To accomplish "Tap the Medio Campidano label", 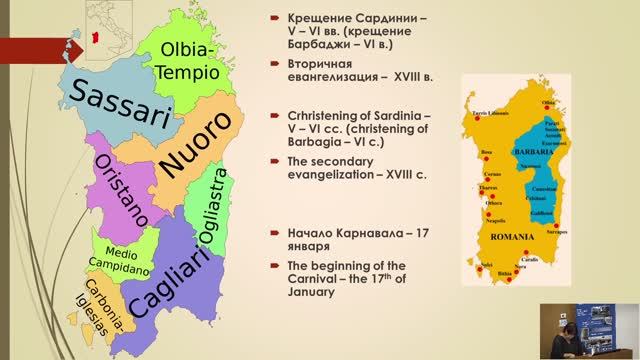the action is pos(123,258).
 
